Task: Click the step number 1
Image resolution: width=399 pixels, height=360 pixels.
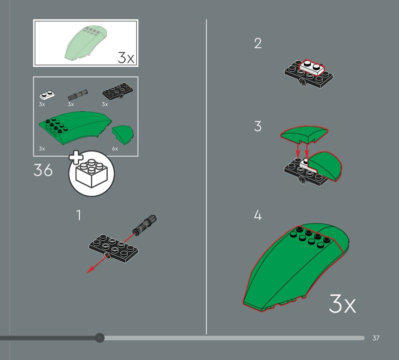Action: (x=79, y=215)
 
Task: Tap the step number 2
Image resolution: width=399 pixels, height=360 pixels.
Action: (x=258, y=43)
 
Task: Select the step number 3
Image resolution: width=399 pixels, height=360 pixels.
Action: (x=258, y=126)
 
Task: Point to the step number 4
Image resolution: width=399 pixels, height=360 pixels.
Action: (x=258, y=215)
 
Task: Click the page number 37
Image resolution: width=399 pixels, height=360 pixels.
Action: (x=376, y=338)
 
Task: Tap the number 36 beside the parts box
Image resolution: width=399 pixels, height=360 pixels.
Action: (x=43, y=170)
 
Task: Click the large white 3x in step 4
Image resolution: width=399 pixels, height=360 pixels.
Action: (x=342, y=303)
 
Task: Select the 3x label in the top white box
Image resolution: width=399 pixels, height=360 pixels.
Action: (x=126, y=58)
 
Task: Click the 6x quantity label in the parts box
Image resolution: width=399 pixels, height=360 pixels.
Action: (x=115, y=149)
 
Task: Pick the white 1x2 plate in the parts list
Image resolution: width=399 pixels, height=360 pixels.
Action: (x=47, y=95)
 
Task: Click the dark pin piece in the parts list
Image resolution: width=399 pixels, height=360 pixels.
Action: (x=78, y=94)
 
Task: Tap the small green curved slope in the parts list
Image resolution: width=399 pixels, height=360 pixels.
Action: (x=123, y=134)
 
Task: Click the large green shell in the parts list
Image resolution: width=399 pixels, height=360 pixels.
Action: (x=75, y=128)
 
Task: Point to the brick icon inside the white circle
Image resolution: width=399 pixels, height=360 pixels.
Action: (x=92, y=174)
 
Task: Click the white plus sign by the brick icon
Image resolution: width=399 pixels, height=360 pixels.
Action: (x=76, y=158)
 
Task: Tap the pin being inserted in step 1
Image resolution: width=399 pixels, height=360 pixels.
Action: (x=144, y=225)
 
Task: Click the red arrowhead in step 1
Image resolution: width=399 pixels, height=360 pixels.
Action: (x=90, y=270)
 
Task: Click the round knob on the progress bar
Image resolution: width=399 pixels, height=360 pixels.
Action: (x=99, y=338)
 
